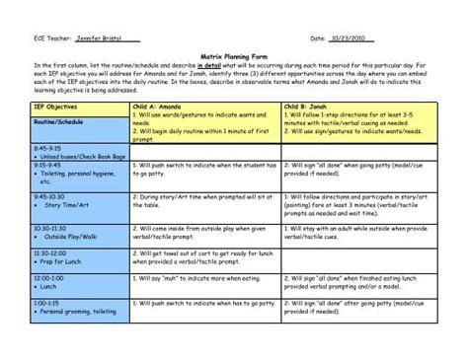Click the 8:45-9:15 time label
[x=48, y=146]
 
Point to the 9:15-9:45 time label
[x=48, y=163]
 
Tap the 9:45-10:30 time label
[x=50, y=195]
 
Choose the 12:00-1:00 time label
[x=49, y=279]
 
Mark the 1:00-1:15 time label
[x=48, y=304]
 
